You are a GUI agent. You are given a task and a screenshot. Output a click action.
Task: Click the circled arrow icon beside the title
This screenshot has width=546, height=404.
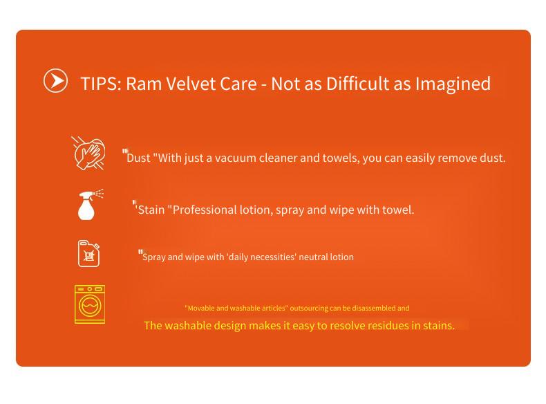(55, 80)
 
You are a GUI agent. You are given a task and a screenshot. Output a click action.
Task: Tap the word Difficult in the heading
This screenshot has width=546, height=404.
(357, 84)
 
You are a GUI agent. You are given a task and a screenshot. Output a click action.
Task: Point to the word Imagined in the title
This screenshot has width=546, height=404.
(453, 84)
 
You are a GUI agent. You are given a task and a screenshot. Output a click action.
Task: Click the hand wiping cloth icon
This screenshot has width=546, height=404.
(88, 153)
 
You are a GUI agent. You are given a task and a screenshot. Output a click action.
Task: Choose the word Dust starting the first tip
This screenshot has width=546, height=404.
(138, 158)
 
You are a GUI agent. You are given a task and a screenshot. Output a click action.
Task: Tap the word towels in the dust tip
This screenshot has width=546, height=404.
(341, 158)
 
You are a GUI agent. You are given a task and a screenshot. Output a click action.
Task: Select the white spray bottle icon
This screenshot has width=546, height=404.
(90, 205)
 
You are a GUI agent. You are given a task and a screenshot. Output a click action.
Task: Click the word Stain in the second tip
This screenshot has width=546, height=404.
(151, 210)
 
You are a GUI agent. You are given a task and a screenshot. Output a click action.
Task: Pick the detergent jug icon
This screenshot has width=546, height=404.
(88, 253)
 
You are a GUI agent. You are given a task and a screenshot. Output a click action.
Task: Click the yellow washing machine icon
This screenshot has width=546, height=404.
(89, 304)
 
